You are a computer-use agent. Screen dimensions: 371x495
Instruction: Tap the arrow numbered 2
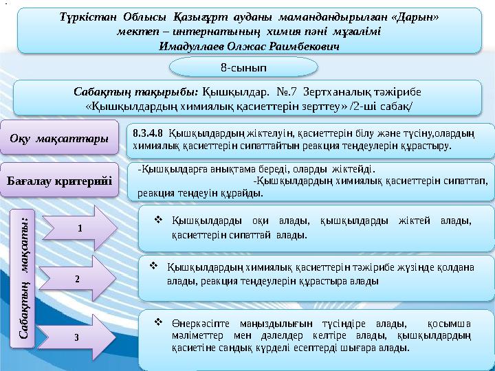click(78, 280)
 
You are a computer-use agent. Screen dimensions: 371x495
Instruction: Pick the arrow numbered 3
click(78, 337)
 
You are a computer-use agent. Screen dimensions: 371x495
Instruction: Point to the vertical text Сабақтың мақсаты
click(25, 275)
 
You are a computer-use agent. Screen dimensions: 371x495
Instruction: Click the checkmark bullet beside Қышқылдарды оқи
click(157, 220)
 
